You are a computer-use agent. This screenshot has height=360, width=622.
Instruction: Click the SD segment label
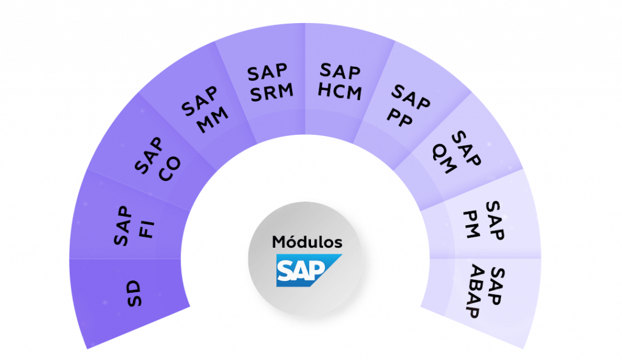click(x=134, y=293)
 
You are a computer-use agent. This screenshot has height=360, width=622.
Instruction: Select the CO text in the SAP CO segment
click(x=169, y=169)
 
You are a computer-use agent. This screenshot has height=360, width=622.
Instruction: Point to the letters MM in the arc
click(x=213, y=120)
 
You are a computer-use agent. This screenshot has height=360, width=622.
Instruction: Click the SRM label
click(x=272, y=92)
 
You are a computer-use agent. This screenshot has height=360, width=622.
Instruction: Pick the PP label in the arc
click(x=400, y=117)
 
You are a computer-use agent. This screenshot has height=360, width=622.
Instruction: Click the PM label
click(x=471, y=225)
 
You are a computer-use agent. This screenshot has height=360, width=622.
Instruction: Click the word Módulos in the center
click(x=307, y=242)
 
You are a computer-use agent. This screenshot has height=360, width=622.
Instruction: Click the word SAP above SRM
click(x=267, y=73)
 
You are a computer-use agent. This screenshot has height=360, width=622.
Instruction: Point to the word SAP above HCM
click(x=340, y=71)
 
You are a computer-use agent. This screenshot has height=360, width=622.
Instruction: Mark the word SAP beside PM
click(x=494, y=220)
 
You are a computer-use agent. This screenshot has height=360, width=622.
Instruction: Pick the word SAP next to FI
click(x=123, y=226)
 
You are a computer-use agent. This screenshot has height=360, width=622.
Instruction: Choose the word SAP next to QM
click(x=466, y=148)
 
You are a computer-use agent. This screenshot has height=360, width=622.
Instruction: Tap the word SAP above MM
click(x=199, y=101)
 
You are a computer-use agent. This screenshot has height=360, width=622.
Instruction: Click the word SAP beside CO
click(x=149, y=156)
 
